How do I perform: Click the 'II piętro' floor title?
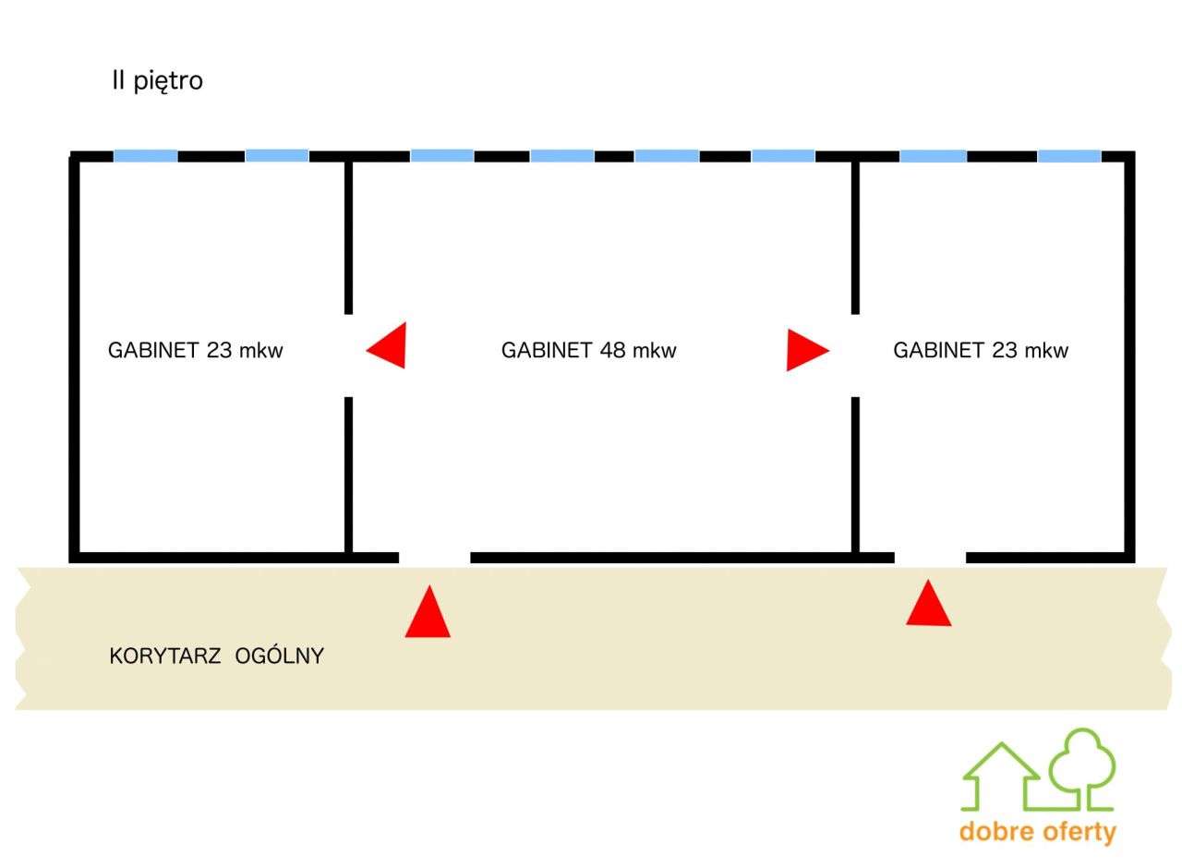click(x=157, y=81)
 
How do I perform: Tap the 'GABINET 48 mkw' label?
click(x=588, y=350)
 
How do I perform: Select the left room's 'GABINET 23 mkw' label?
click(x=195, y=350)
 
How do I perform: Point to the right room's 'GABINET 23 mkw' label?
click(x=981, y=350)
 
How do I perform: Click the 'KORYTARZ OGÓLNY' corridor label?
click(x=216, y=656)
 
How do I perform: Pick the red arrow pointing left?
click(x=386, y=345)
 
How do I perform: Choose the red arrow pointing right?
click(x=807, y=350)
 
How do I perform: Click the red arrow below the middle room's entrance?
click(x=428, y=611)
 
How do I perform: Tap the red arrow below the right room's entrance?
click(x=929, y=603)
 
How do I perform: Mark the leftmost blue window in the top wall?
click(x=146, y=156)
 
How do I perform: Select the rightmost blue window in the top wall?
click(x=1069, y=156)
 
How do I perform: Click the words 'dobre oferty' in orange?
click(x=1038, y=832)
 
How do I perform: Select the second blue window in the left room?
click(x=277, y=156)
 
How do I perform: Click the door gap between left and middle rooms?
click(x=349, y=355)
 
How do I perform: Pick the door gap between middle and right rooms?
click(x=855, y=355)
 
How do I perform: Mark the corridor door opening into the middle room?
click(x=435, y=558)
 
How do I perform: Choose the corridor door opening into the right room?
click(x=930, y=558)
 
